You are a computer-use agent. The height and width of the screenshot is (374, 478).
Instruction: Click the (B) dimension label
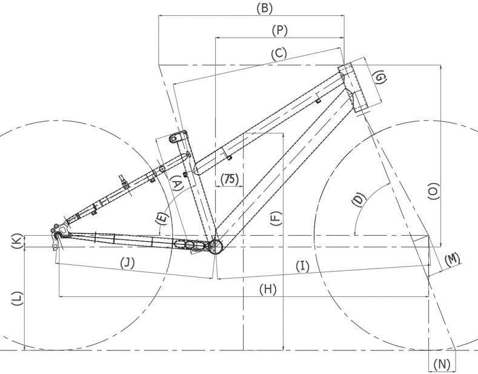click(264, 8)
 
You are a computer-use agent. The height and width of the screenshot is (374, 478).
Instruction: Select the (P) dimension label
click(279, 30)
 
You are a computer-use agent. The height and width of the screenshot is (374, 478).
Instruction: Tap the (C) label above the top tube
click(279, 53)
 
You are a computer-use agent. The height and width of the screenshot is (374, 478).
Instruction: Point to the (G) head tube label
click(380, 78)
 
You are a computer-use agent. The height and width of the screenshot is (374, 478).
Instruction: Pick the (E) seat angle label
click(162, 218)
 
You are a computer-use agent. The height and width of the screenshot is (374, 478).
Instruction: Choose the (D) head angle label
click(359, 200)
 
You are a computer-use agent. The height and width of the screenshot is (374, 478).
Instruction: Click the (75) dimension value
click(229, 179)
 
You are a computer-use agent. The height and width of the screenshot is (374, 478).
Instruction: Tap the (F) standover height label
click(276, 218)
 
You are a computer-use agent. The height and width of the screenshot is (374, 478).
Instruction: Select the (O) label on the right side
click(433, 192)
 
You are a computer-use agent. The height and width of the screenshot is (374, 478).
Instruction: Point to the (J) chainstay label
click(127, 262)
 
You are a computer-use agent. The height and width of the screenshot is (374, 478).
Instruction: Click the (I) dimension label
click(302, 266)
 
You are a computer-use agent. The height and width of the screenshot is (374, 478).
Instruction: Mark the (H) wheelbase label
click(268, 289)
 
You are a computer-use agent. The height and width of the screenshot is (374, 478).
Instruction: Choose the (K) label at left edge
click(18, 241)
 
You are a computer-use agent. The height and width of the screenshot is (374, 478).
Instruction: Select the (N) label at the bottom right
click(442, 364)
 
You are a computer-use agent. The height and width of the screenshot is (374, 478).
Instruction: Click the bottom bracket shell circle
click(216, 246)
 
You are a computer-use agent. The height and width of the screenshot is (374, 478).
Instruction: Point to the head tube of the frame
click(354, 87)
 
